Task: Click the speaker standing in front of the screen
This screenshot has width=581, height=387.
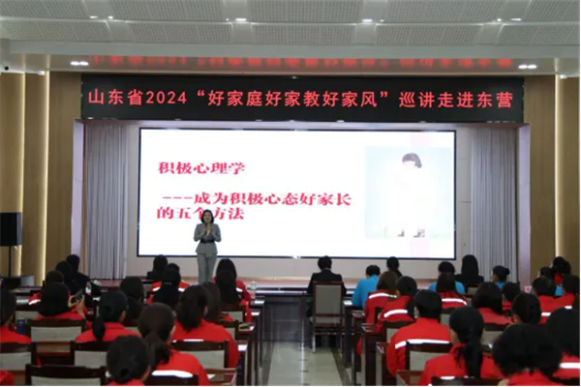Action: (x=206, y=247)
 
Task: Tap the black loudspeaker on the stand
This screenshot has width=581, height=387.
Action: (x=11, y=229)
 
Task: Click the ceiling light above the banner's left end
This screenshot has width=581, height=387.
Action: (x=79, y=63)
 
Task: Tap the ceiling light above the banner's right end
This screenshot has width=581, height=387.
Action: (x=527, y=66)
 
